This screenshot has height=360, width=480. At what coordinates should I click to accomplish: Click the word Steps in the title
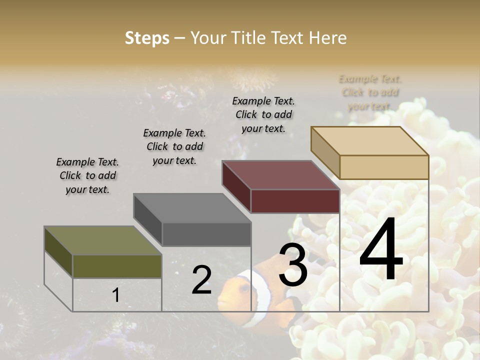[147, 38]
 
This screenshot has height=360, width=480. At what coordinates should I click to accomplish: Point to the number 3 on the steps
[293, 265]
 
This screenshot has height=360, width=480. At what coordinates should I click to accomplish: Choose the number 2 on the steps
[201, 280]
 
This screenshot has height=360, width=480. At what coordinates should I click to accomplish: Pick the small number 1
[116, 295]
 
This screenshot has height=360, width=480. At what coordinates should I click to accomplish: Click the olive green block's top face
[102, 240]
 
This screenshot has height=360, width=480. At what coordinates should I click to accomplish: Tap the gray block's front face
[206, 234]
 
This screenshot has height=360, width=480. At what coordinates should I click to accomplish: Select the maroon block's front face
[295, 201]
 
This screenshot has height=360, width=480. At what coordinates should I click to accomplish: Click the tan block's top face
[369, 140]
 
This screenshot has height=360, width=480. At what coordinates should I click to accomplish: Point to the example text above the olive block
[87, 175]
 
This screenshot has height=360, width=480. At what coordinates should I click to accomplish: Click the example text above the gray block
[174, 146]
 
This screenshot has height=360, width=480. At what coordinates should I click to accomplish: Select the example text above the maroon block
[263, 114]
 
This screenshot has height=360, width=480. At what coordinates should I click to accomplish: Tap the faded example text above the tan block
[370, 92]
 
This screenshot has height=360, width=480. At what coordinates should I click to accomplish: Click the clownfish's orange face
[231, 295]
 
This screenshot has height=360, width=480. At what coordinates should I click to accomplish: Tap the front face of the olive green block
[117, 266]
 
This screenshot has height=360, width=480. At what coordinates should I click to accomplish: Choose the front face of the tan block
[384, 167]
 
